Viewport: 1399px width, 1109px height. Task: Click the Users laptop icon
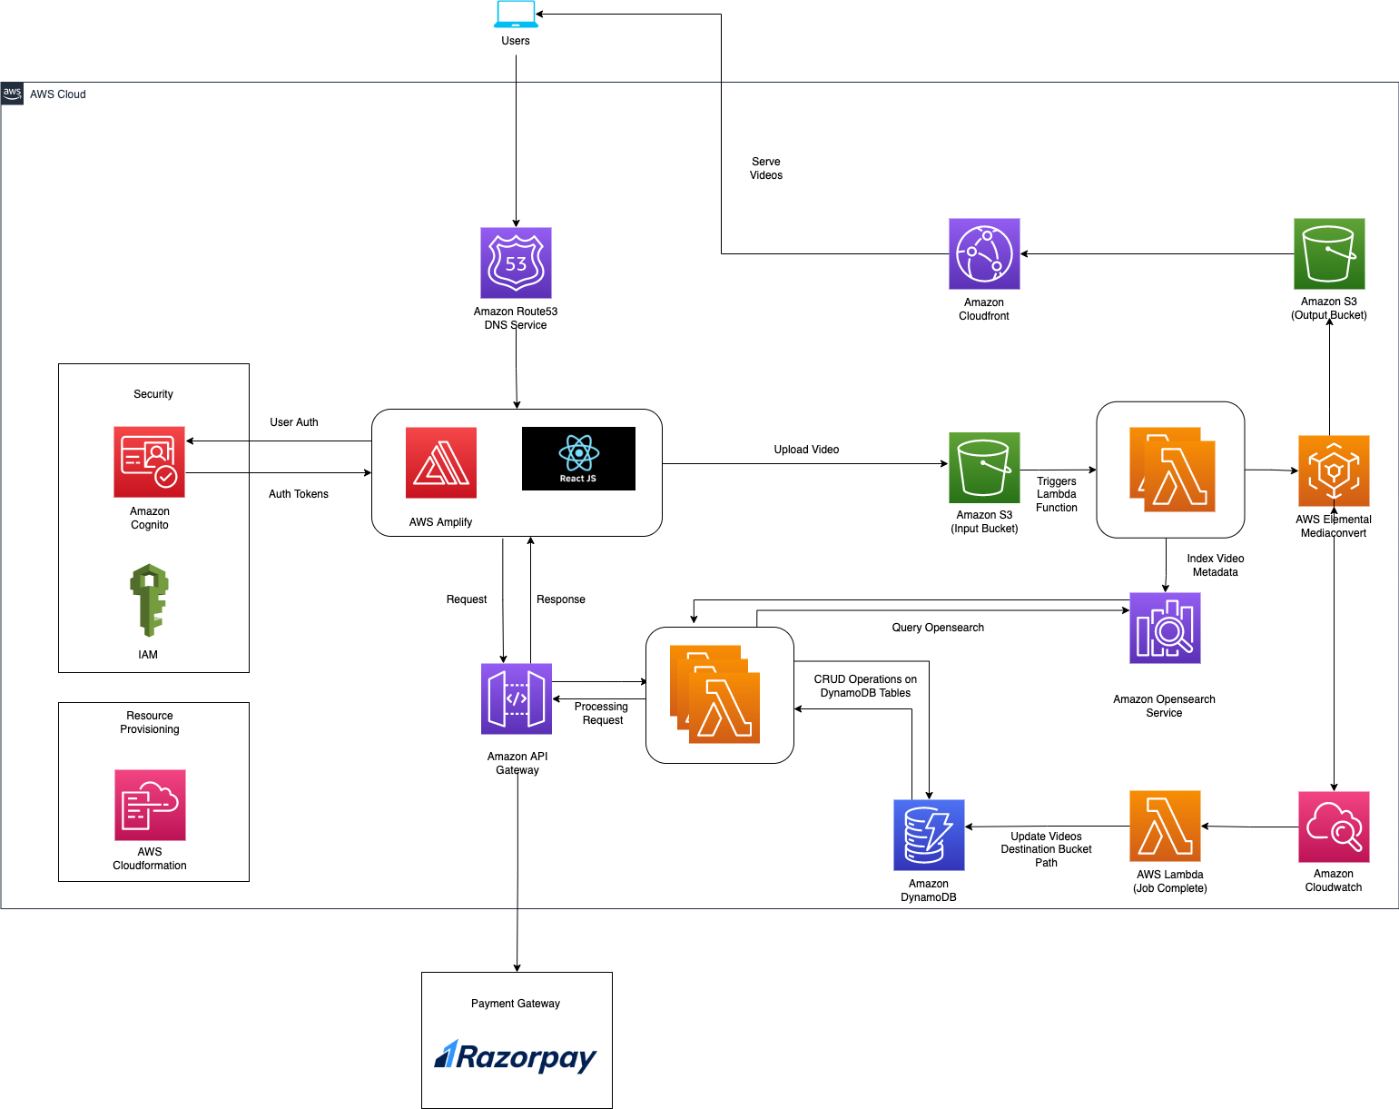tap(516, 15)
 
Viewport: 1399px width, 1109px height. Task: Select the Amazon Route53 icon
tap(516, 262)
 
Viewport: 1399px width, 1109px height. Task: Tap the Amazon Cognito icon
tap(149, 461)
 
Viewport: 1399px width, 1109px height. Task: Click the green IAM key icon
tap(149, 599)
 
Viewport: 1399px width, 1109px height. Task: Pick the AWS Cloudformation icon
tap(150, 805)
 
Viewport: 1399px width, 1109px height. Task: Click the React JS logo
tap(578, 459)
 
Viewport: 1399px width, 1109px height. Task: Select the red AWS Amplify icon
tap(441, 462)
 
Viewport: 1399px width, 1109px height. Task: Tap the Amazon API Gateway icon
tap(517, 698)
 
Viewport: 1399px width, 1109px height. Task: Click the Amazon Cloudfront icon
tap(984, 253)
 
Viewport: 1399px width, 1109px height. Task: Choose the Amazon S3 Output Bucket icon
tap(1329, 253)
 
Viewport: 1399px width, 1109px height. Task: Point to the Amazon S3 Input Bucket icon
tap(984, 468)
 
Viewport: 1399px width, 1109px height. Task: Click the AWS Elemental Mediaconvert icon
tap(1334, 470)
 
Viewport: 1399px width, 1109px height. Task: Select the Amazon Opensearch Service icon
tap(1165, 628)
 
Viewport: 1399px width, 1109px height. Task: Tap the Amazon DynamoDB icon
tap(929, 835)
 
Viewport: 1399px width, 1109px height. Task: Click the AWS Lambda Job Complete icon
tap(1165, 826)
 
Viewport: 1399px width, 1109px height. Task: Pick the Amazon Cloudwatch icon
tap(1334, 827)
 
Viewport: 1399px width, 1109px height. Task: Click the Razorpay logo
tap(516, 1056)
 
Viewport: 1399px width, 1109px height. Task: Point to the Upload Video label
tap(806, 450)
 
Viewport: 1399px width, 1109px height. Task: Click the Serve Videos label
tap(766, 168)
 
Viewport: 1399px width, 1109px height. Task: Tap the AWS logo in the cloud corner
tap(12, 94)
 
